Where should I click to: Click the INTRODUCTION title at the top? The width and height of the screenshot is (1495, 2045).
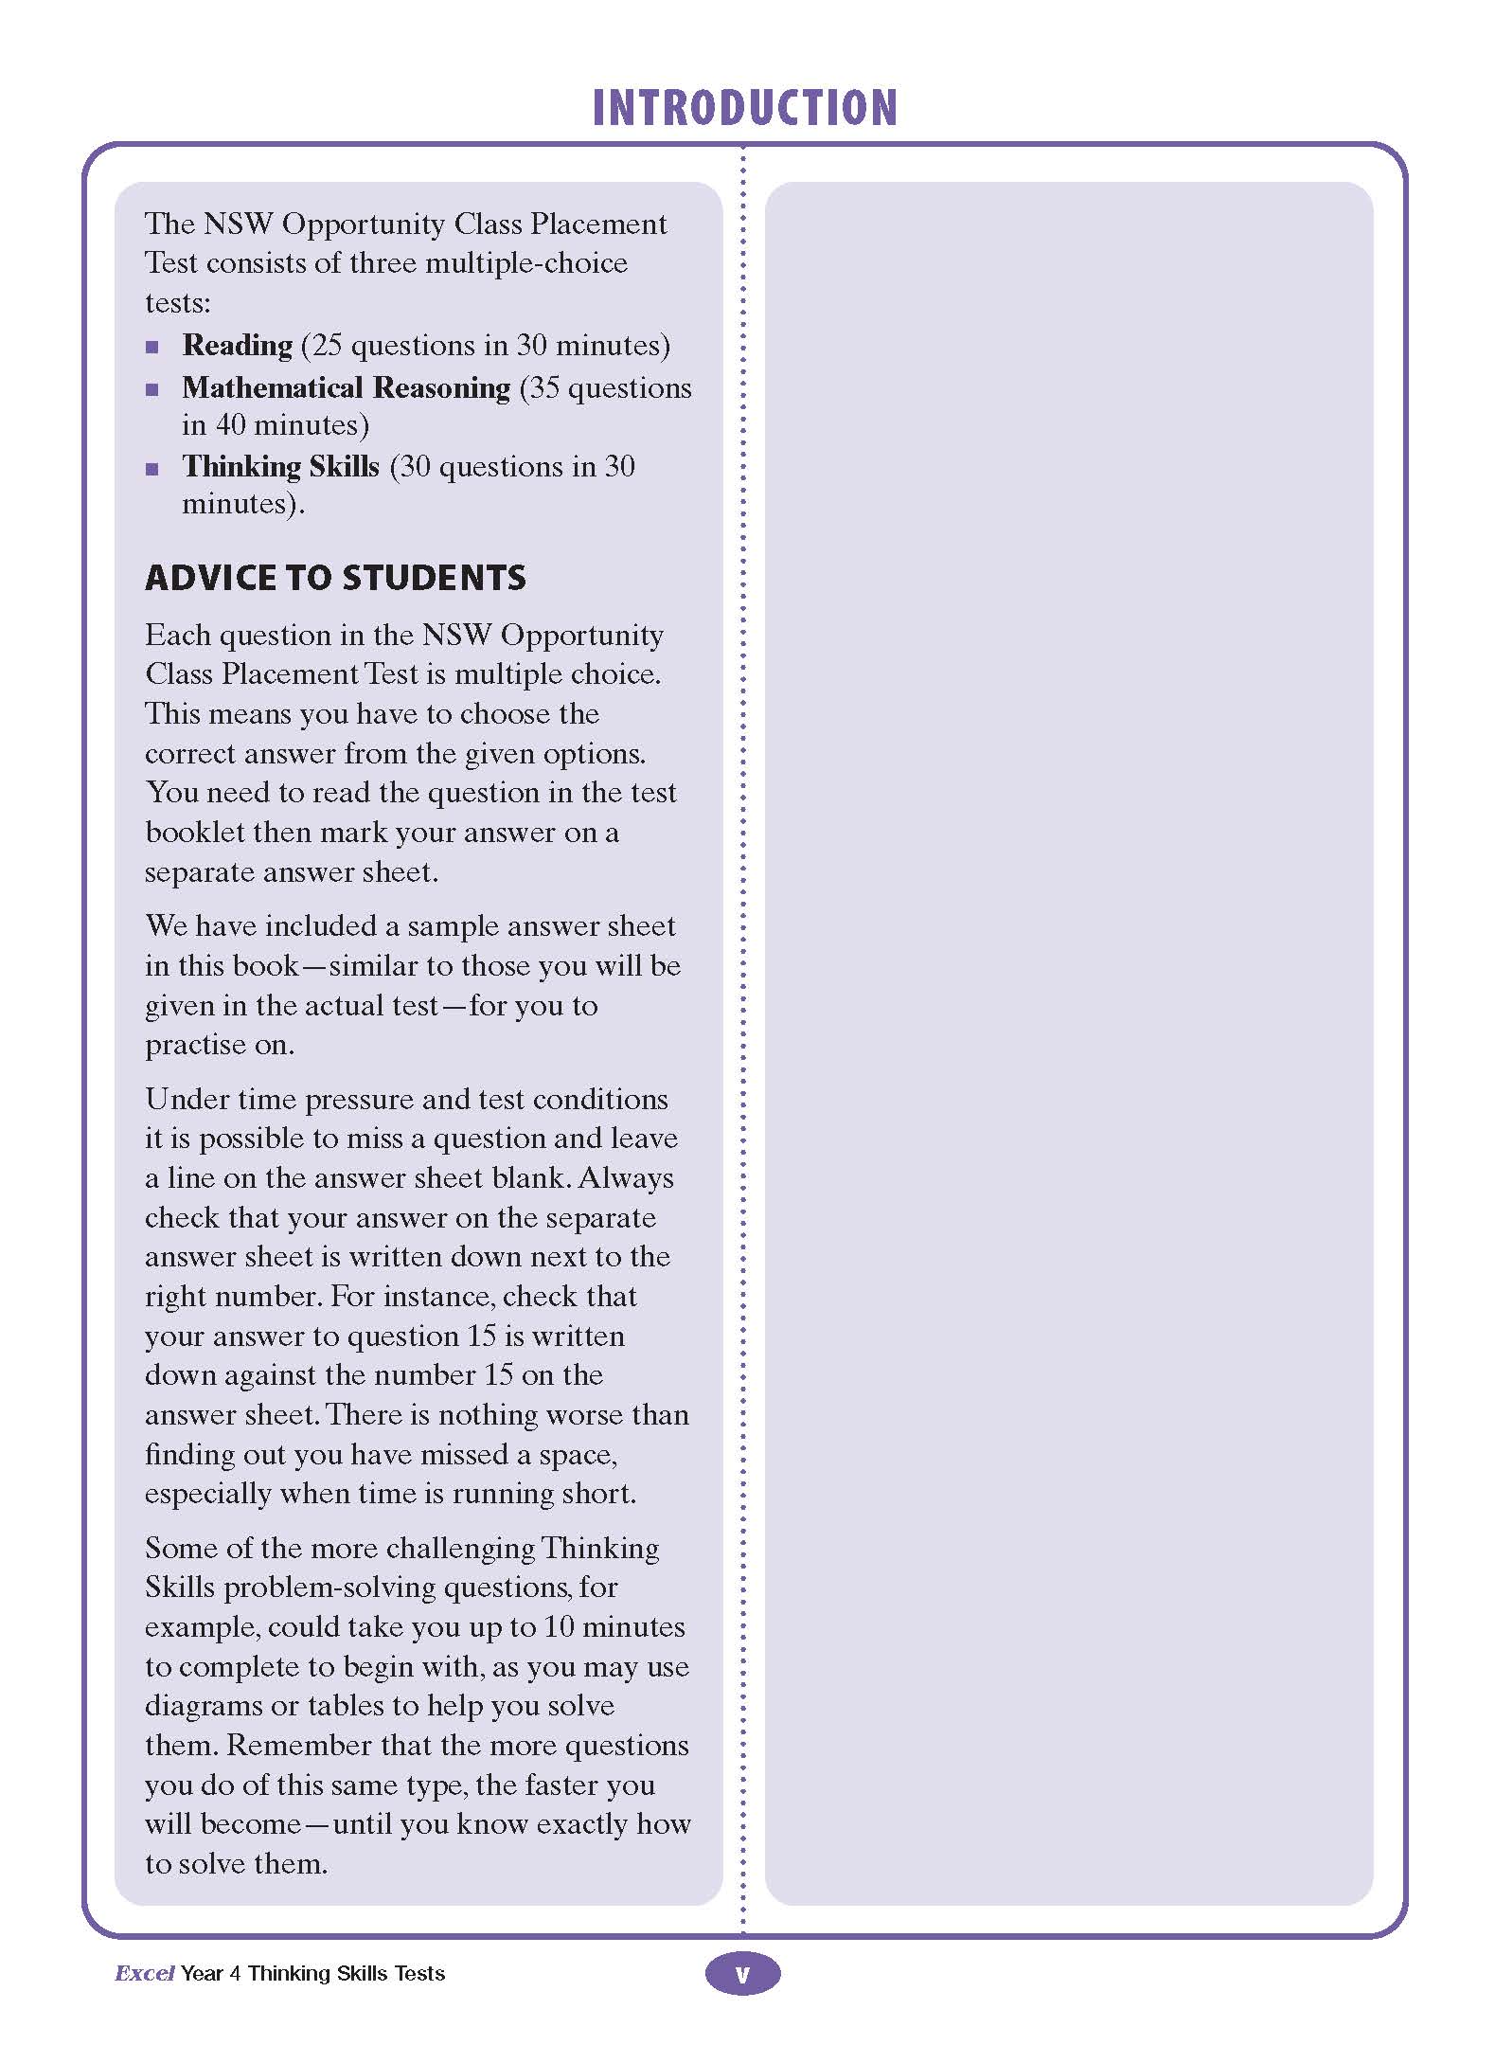[744, 107]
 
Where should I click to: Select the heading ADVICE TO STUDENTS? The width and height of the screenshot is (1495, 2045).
[335, 578]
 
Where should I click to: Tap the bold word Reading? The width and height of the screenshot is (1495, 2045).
[238, 345]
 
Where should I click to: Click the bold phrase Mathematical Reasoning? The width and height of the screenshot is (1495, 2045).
[347, 387]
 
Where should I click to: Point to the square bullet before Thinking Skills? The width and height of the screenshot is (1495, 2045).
[152, 468]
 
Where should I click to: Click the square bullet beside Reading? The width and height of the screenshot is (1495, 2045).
[152, 347]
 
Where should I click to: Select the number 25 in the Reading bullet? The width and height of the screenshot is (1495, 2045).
[327, 345]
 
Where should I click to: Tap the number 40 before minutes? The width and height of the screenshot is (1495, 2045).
[231, 424]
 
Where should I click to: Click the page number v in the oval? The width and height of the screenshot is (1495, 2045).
[743, 1974]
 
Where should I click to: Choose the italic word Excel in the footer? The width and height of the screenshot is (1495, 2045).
[144, 1973]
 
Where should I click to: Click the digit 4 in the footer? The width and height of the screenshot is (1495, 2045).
[235, 1973]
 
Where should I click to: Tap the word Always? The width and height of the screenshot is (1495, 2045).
[626, 1177]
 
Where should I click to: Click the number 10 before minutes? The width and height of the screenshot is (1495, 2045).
[559, 1626]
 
